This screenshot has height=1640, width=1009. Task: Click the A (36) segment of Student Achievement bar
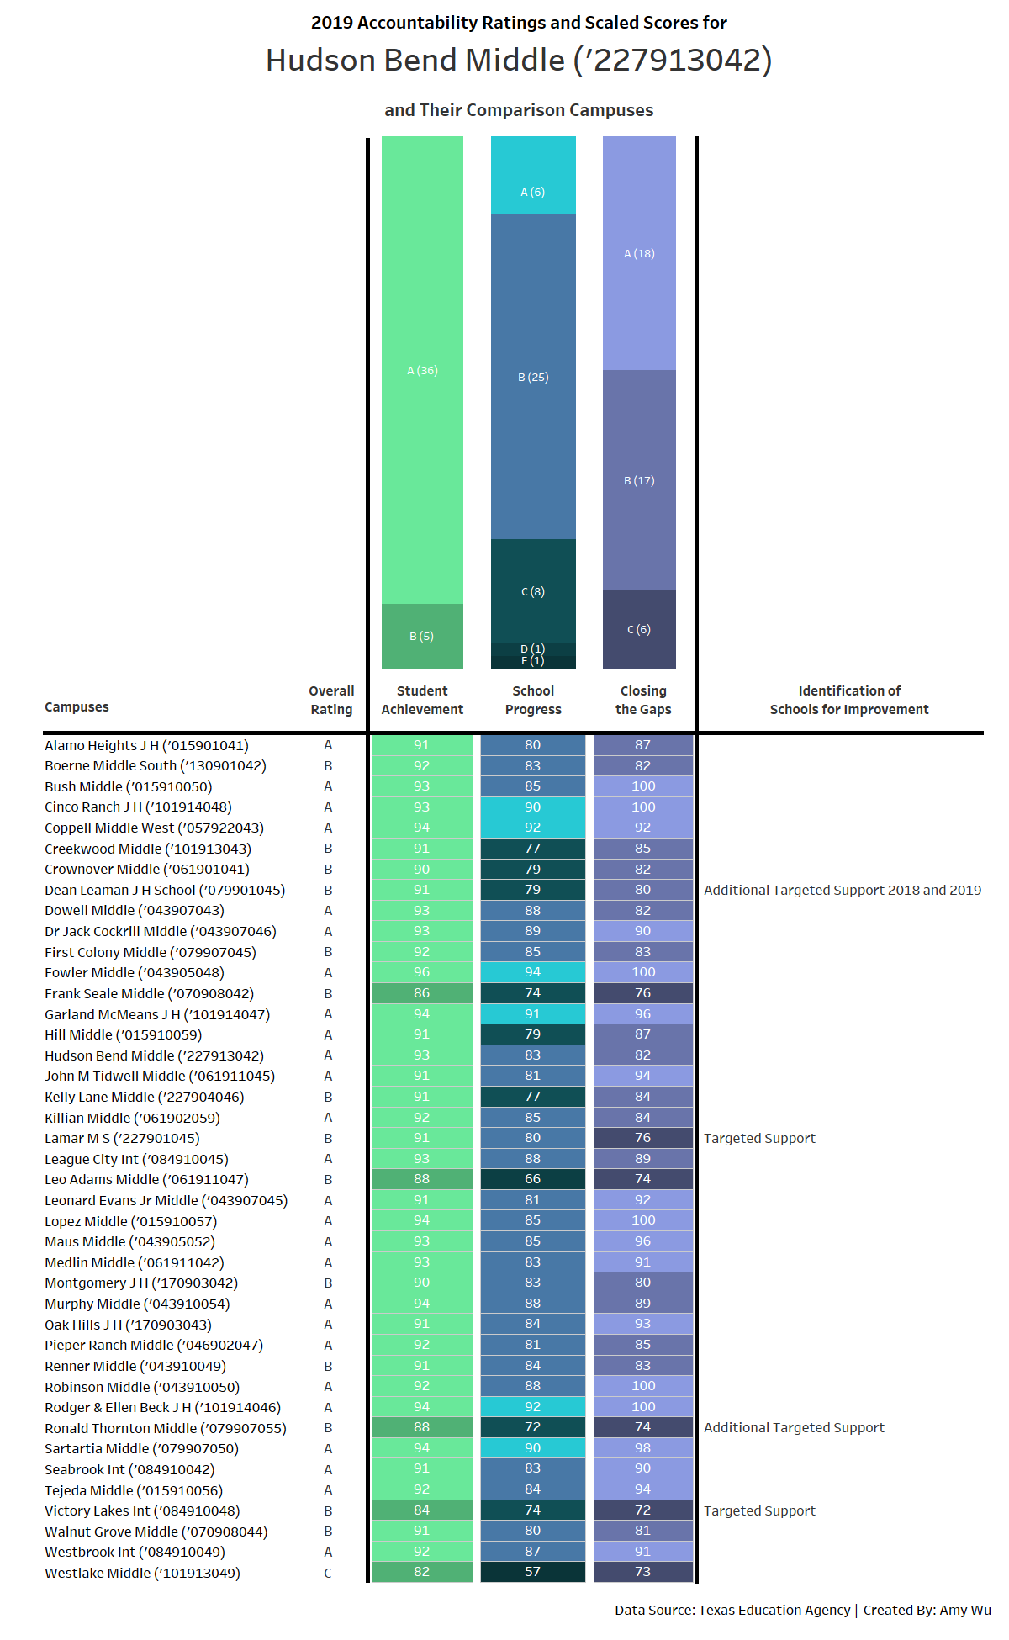coord(422,370)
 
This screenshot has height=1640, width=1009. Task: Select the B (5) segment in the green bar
coord(422,636)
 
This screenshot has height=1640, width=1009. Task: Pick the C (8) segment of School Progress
coord(533,591)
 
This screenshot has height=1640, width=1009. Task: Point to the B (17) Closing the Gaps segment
coord(639,480)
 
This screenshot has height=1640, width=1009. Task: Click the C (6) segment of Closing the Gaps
coord(639,629)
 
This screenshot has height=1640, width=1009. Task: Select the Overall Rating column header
coord(331,700)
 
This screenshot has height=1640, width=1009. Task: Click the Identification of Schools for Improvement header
coord(849,700)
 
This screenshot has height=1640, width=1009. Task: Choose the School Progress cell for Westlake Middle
coord(533,1572)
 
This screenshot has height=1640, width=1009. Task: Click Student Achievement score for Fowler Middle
coord(422,972)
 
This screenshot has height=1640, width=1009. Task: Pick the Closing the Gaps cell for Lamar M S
coord(643,1138)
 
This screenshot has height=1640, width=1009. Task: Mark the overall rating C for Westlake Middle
coord(328,1573)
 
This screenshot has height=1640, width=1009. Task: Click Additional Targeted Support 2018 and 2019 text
coord(843,890)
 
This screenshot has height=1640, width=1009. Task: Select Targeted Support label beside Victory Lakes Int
coord(759,1510)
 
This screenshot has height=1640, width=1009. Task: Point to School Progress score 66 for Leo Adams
coord(533,1179)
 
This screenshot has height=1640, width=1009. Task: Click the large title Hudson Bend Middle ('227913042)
coord(519,61)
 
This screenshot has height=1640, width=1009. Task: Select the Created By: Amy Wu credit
coord(927,1610)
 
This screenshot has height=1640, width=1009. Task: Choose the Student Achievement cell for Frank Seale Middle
coord(422,993)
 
